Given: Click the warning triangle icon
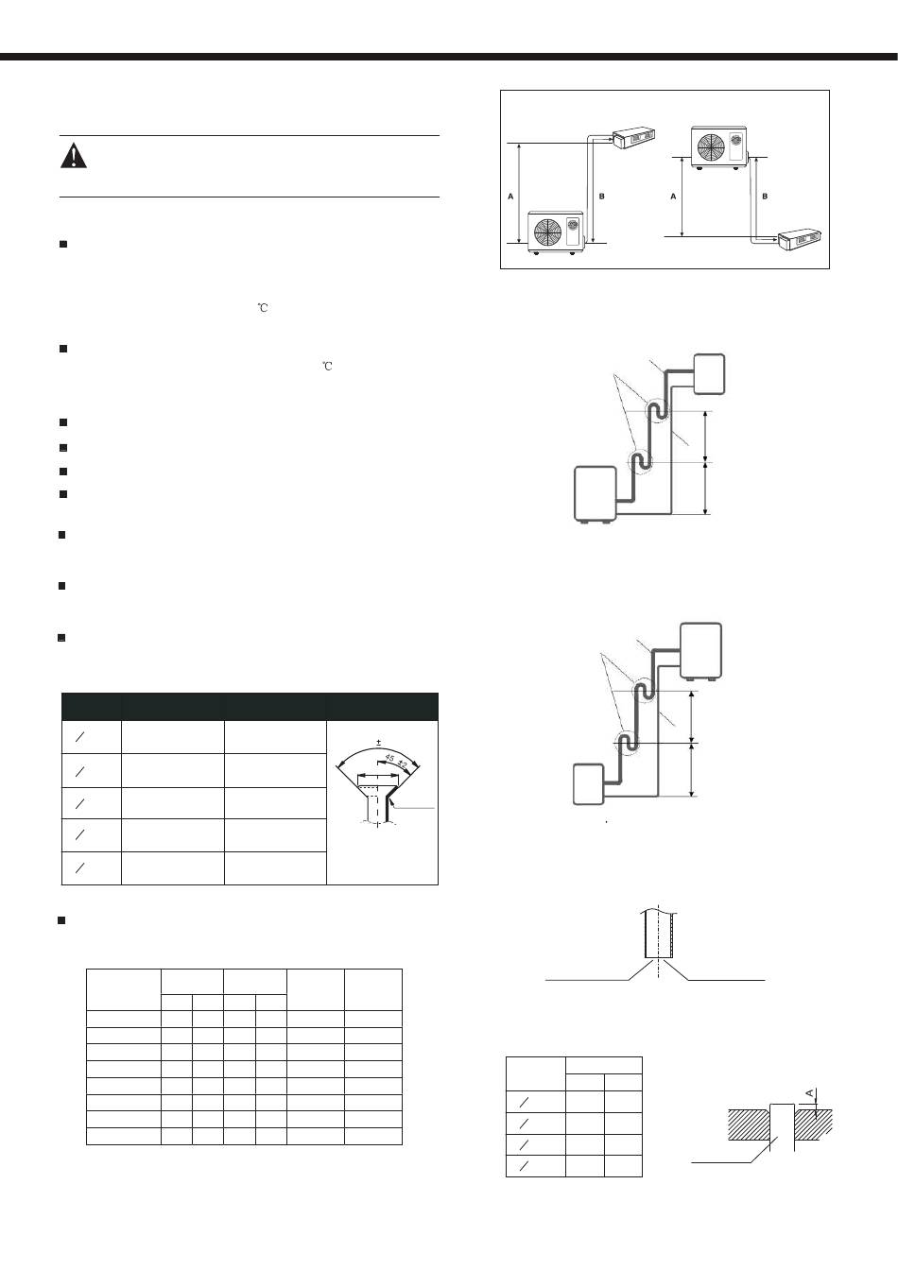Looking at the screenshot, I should (73, 156).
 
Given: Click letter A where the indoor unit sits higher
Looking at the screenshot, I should (510, 196).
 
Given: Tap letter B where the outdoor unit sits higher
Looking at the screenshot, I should (765, 196).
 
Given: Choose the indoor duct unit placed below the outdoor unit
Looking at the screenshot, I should (800, 244).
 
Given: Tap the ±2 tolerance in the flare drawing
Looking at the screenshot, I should (403, 764).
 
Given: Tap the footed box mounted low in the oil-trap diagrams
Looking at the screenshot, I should (596, 493).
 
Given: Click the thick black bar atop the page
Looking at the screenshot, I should (449, 57).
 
